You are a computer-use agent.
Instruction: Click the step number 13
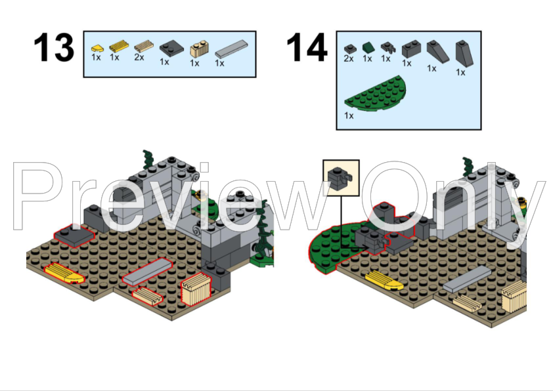[54, 48]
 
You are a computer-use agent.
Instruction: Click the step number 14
[306, 48]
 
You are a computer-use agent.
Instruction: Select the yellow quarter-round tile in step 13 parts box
[97, 48]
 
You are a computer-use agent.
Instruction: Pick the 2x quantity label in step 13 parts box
[139, 58]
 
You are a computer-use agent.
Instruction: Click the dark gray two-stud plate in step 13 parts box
[171, 47]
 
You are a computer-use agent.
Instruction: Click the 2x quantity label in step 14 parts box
[348, 59]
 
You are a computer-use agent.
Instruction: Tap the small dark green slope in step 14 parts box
[368, 47]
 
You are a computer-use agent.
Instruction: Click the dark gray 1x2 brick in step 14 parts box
[411, 49]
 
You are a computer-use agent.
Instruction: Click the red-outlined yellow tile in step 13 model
[64, 273]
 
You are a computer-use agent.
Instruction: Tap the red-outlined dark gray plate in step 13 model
[73, 235]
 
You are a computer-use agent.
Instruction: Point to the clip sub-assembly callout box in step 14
[341, 178]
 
